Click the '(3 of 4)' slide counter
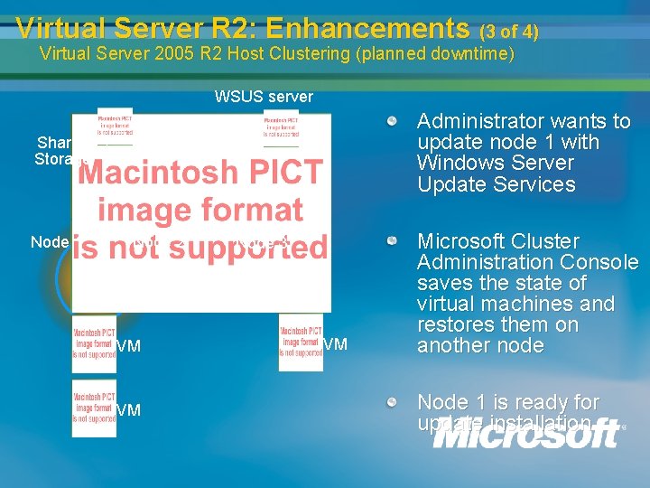[509, 32]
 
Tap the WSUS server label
[264, 96]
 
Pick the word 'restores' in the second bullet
[454, 324]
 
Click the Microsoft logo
[528, 433]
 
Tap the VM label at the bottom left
[129, 410]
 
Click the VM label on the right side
[335, 343]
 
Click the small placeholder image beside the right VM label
[301, 343]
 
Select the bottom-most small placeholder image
[95, 408]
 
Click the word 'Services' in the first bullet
[532, 184]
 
